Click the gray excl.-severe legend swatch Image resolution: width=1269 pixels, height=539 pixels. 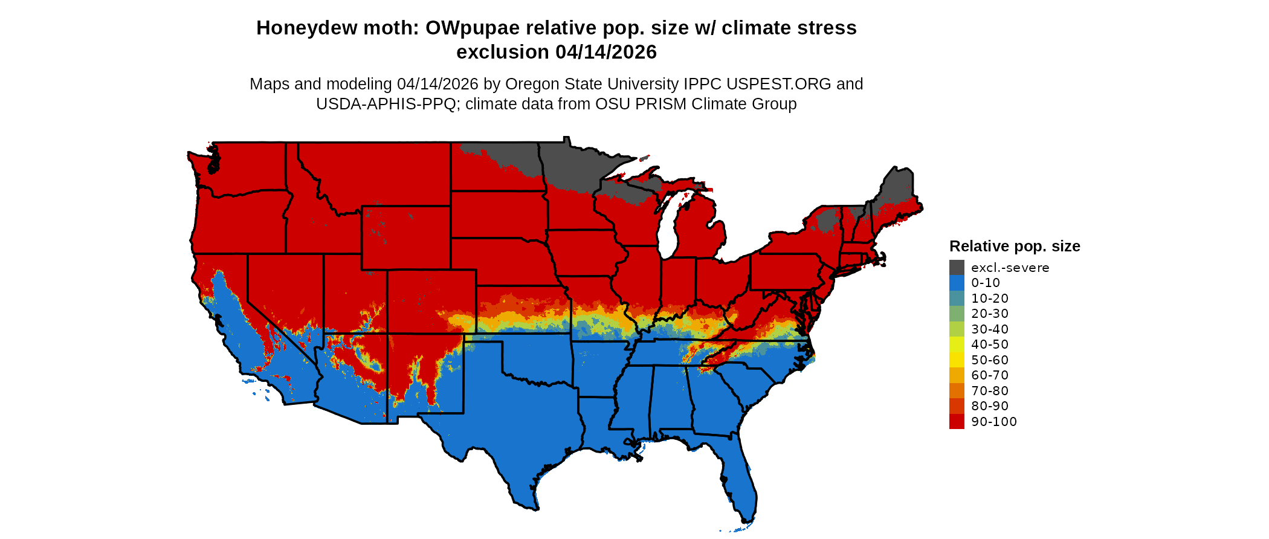957,268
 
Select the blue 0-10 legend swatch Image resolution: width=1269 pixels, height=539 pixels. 957,283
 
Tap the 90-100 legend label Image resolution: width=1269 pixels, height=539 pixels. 993,422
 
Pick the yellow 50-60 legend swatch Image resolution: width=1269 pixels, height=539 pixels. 957,360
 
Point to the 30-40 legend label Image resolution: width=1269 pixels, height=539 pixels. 989,329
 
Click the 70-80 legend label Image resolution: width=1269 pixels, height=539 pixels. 989,391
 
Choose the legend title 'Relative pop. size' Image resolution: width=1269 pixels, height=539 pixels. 1015,247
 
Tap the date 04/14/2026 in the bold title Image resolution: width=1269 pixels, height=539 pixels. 605,53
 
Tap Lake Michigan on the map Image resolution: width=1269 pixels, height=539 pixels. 667,230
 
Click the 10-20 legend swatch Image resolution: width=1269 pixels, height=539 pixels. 957,299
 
